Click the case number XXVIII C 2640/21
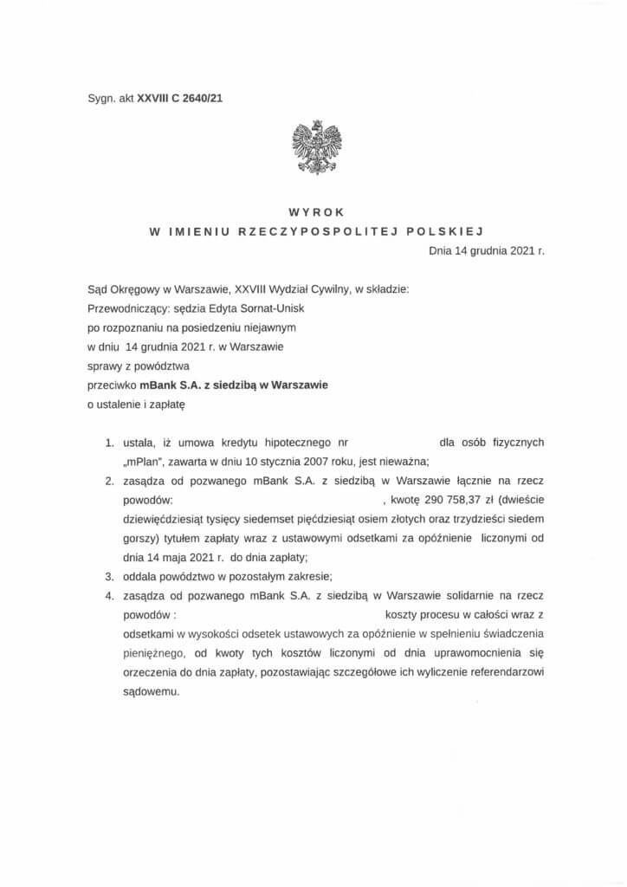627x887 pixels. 174,99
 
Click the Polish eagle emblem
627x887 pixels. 316,147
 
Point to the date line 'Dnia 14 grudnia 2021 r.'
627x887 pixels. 486,251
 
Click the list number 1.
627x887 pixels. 110,442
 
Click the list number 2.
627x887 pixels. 110,480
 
